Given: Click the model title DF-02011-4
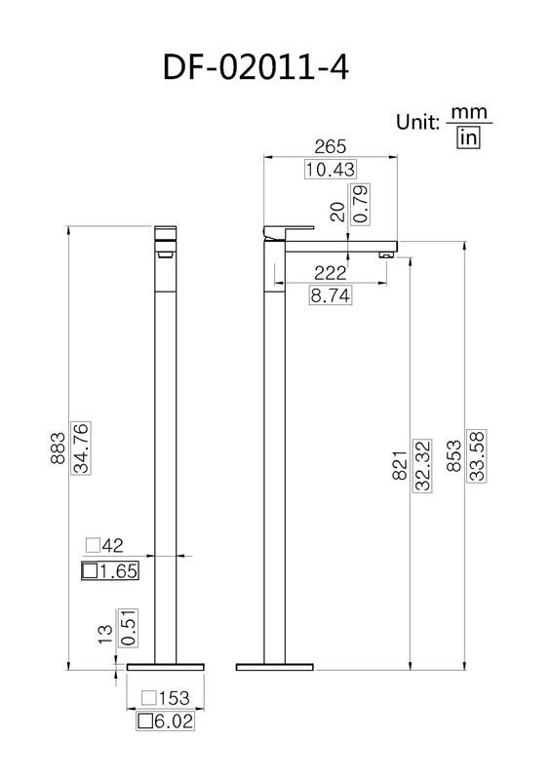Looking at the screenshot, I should (256, 69).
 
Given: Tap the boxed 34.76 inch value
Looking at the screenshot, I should (86, 449).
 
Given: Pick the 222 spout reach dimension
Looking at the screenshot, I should (331, 274).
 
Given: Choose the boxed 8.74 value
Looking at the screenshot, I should (331, 294).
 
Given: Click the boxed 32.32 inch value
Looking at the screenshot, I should (422, 465).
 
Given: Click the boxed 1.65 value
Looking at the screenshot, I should (109, 571).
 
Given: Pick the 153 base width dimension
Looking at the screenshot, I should (166, 699).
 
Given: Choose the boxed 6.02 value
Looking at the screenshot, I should (166, 721).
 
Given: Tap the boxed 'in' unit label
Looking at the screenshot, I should (468, 138).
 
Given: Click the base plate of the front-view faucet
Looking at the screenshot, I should (166, 666).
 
